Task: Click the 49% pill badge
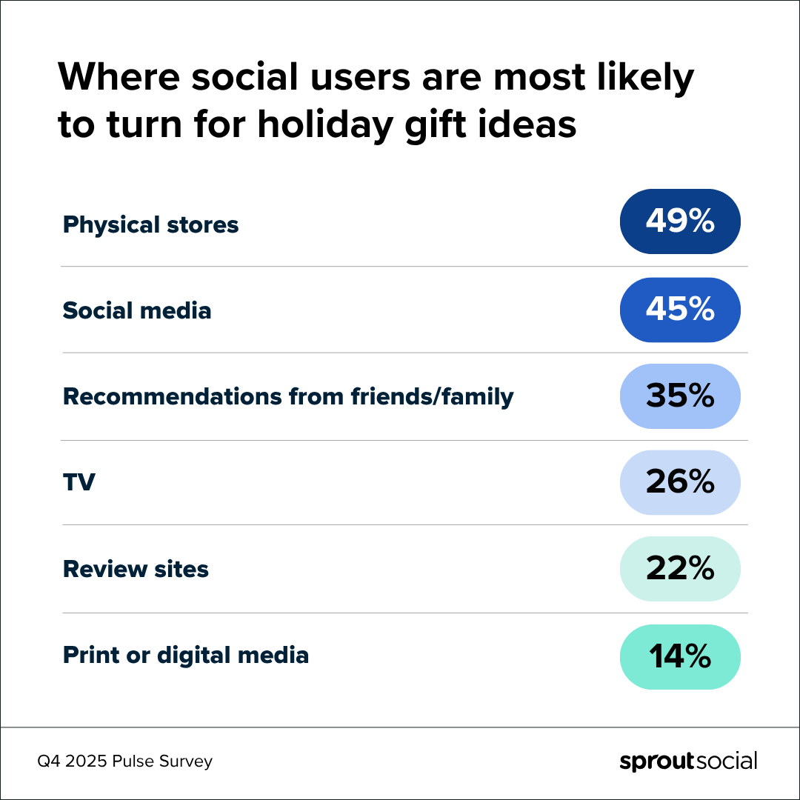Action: click(680, 221)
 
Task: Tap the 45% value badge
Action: click(680, 310)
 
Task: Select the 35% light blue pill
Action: click(680, 396)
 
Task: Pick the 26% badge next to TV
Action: click(680, 482)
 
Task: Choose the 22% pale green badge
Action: click(680, 569)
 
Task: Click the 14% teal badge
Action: click(680, 656)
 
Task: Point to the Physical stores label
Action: click(150, 224)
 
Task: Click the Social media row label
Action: click(137, 310)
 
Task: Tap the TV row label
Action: click(79, 483)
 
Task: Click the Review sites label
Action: click(136, 569)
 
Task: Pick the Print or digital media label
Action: click(185, 656)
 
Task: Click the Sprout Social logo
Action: click(687, 761)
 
